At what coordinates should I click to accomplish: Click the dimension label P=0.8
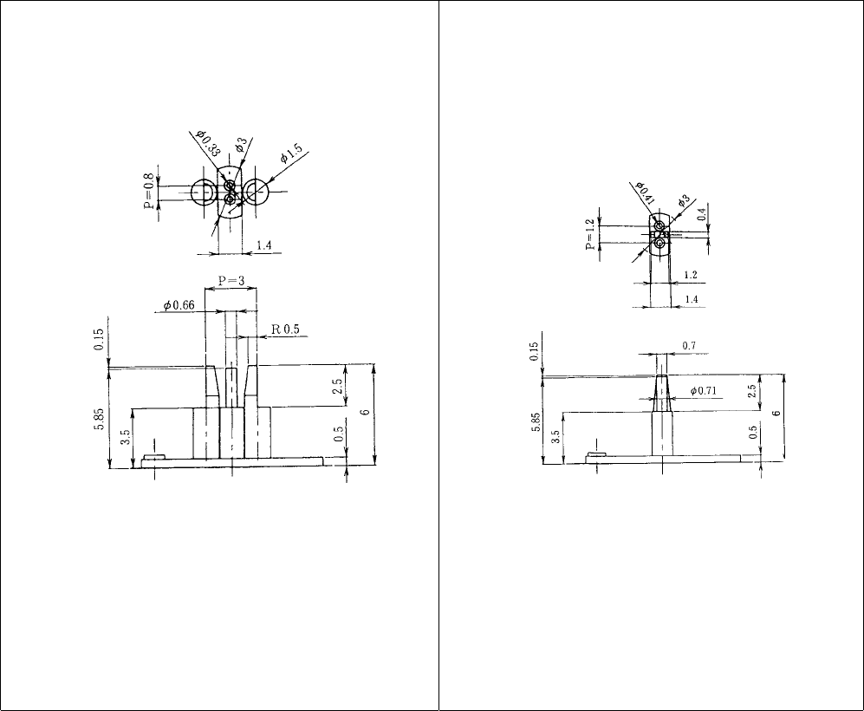148,191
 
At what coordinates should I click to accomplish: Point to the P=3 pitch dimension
230,282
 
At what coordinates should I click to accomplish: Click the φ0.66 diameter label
182,305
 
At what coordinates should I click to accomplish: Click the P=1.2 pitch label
590,234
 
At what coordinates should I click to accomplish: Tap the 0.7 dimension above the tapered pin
689,346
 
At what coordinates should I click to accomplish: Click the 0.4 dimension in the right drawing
700,212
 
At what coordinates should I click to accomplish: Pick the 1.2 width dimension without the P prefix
691,274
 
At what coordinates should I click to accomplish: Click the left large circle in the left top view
205,191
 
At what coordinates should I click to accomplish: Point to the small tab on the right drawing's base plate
596,454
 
